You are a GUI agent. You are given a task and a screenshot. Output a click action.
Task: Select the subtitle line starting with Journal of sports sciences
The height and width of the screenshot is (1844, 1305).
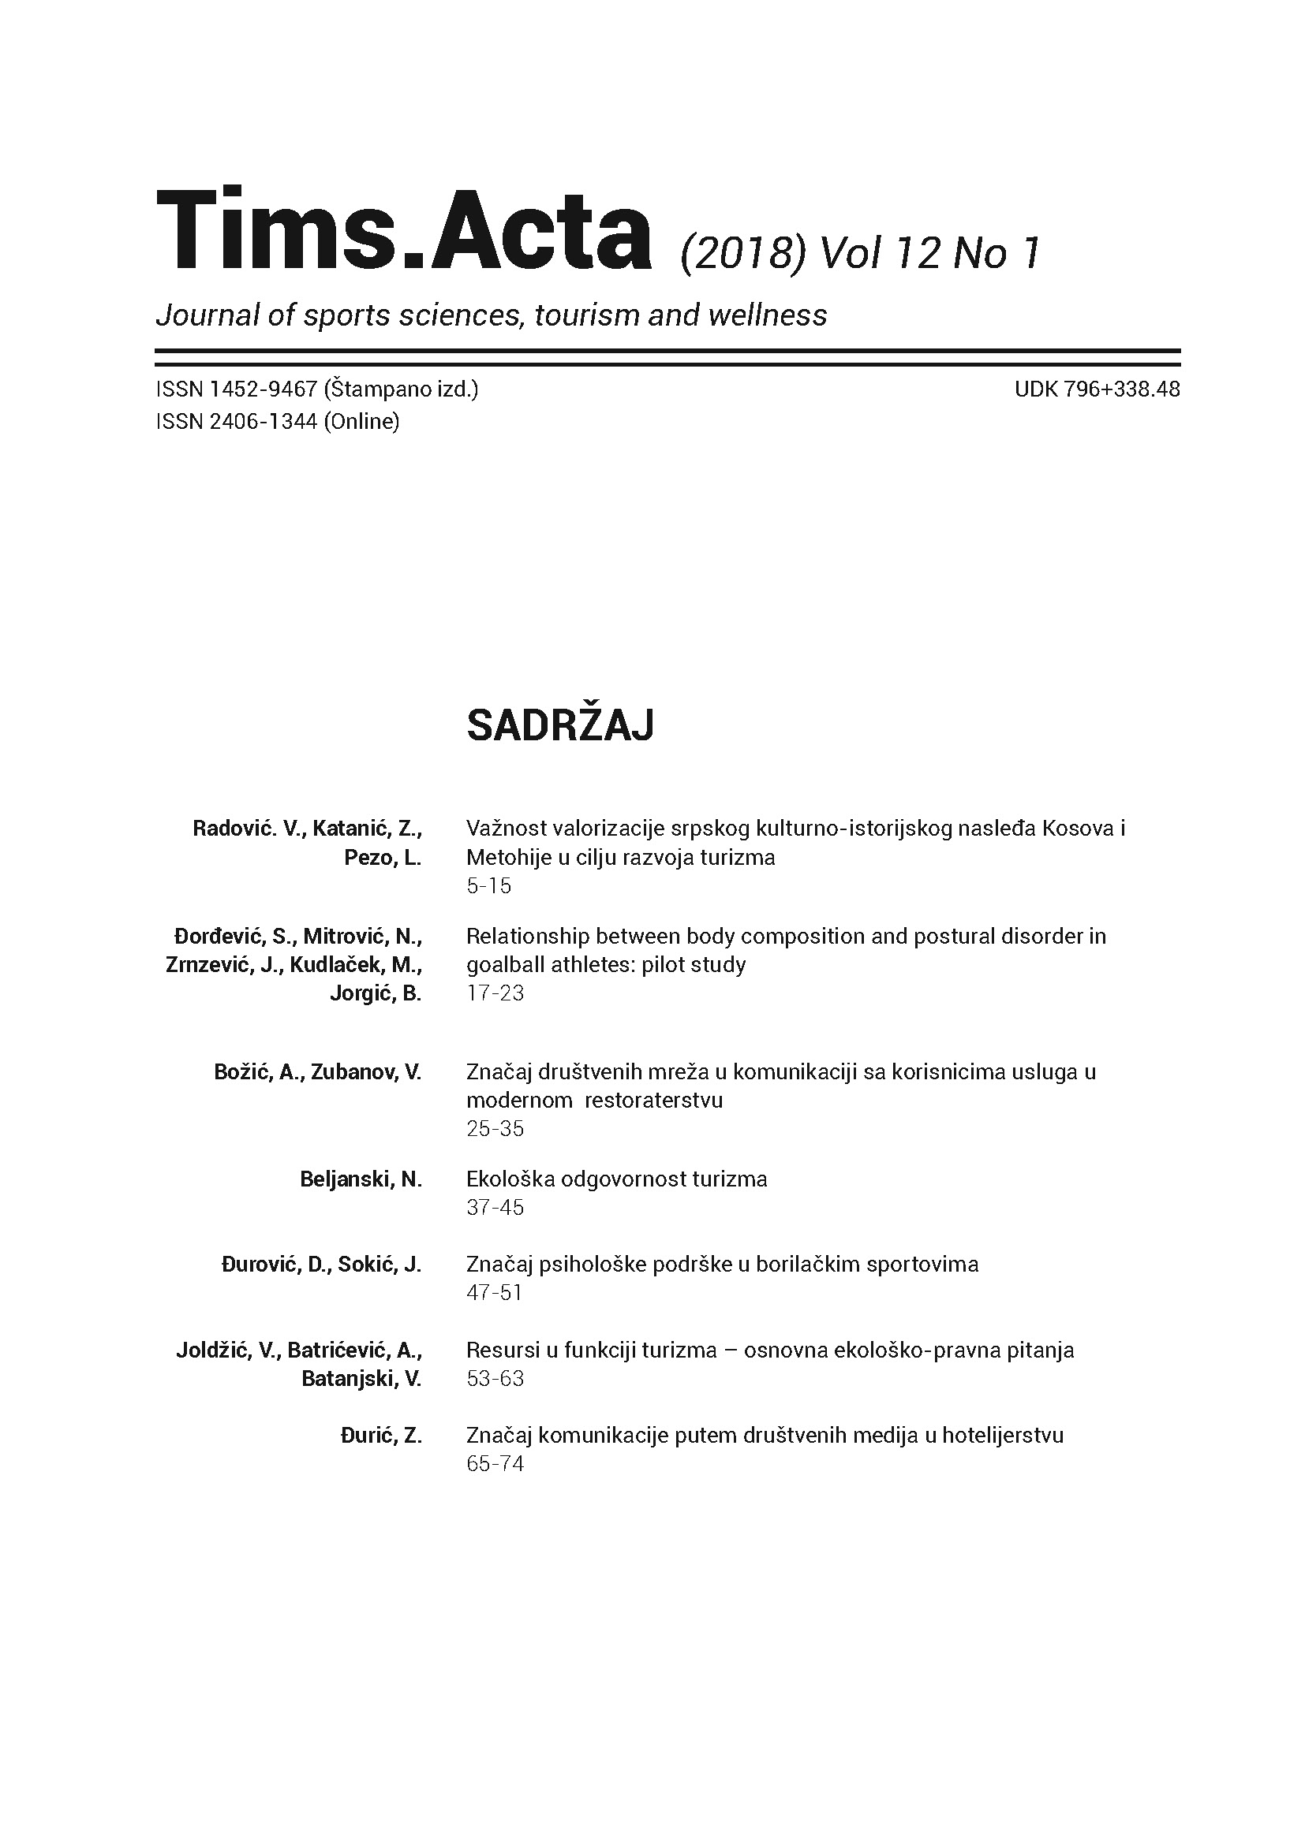click(x=491, y=315)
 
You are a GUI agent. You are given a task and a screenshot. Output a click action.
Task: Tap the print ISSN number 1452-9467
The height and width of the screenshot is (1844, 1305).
click(x=264, y=390)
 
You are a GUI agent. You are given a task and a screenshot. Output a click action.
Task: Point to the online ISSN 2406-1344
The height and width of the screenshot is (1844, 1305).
click(x=264, y=422)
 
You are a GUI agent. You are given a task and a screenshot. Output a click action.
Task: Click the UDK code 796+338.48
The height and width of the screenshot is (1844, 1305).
click(x=1122, y=390)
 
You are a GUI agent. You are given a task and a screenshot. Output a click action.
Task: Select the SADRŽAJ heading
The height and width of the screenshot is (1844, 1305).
click(x=560, y=726)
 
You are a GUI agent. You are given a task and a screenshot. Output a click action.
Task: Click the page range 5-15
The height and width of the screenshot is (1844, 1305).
click(x=488, y=886)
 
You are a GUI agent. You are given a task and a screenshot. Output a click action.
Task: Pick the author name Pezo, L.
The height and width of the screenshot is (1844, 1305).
click(x=383, y=858)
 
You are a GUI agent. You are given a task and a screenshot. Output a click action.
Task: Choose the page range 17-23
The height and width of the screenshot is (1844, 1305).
click(x=495, y=993)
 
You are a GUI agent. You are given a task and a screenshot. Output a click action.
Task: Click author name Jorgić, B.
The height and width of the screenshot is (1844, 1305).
click(x=376, y=994)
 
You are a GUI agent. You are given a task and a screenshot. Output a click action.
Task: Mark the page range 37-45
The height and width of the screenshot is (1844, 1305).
click(x=495, y=1208)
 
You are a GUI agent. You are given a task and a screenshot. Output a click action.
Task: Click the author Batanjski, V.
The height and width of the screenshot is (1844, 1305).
click(x=361, y=1379)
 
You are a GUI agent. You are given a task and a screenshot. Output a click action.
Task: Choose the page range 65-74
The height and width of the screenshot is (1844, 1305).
click(x=495, y=1464)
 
